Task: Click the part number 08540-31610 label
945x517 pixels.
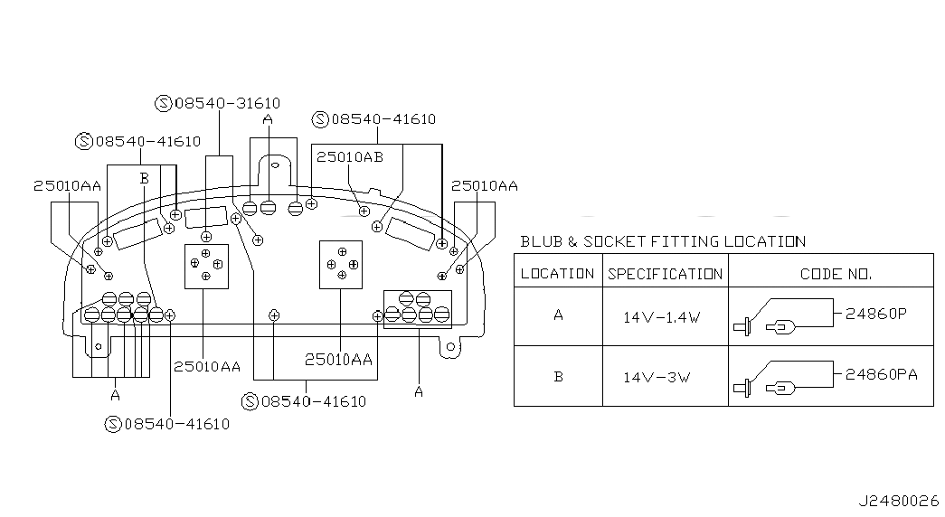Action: pyautogui.click(x=227, y=104)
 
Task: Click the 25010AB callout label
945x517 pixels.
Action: pyautogui.click(x=350, y=156)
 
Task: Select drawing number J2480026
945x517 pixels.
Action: pyautogui.click(x=899, y=501)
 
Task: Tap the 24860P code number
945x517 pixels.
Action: pyautogui.click(x=875, y=314)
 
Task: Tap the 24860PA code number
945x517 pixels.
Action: pyautogui.click(x=881, y=374)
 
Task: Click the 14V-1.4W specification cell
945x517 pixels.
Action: pyautogui.click(x=662, y=317)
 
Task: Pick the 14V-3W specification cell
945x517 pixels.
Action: pyautogui.click(x=657, y=378)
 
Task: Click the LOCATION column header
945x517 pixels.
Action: pyautogui.click(x=557, y=274)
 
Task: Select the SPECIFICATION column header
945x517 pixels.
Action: pyautogui.click(x=665, y=274)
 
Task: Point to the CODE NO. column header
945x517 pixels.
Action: pyautogui.click(x=836, y=274)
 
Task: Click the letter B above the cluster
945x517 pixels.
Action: pyautogui.click(x=144, y=178)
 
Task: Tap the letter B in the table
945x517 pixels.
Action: pyautogui.click(x=558, y=377)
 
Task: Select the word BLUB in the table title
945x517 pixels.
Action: pyautogui.click(x=542, y=241)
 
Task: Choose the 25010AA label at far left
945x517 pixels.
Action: pyautogui.click(x=67, y=185)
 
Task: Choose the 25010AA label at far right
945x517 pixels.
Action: pyautogui.click(x=485, y=185)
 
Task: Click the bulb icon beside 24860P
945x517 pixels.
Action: pyautogui.click(x=781, y=327)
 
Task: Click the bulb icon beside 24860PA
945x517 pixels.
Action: pyautogui.click(x=781, y=388)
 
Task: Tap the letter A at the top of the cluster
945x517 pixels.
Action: pyautogui.click(x=269, y=119)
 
